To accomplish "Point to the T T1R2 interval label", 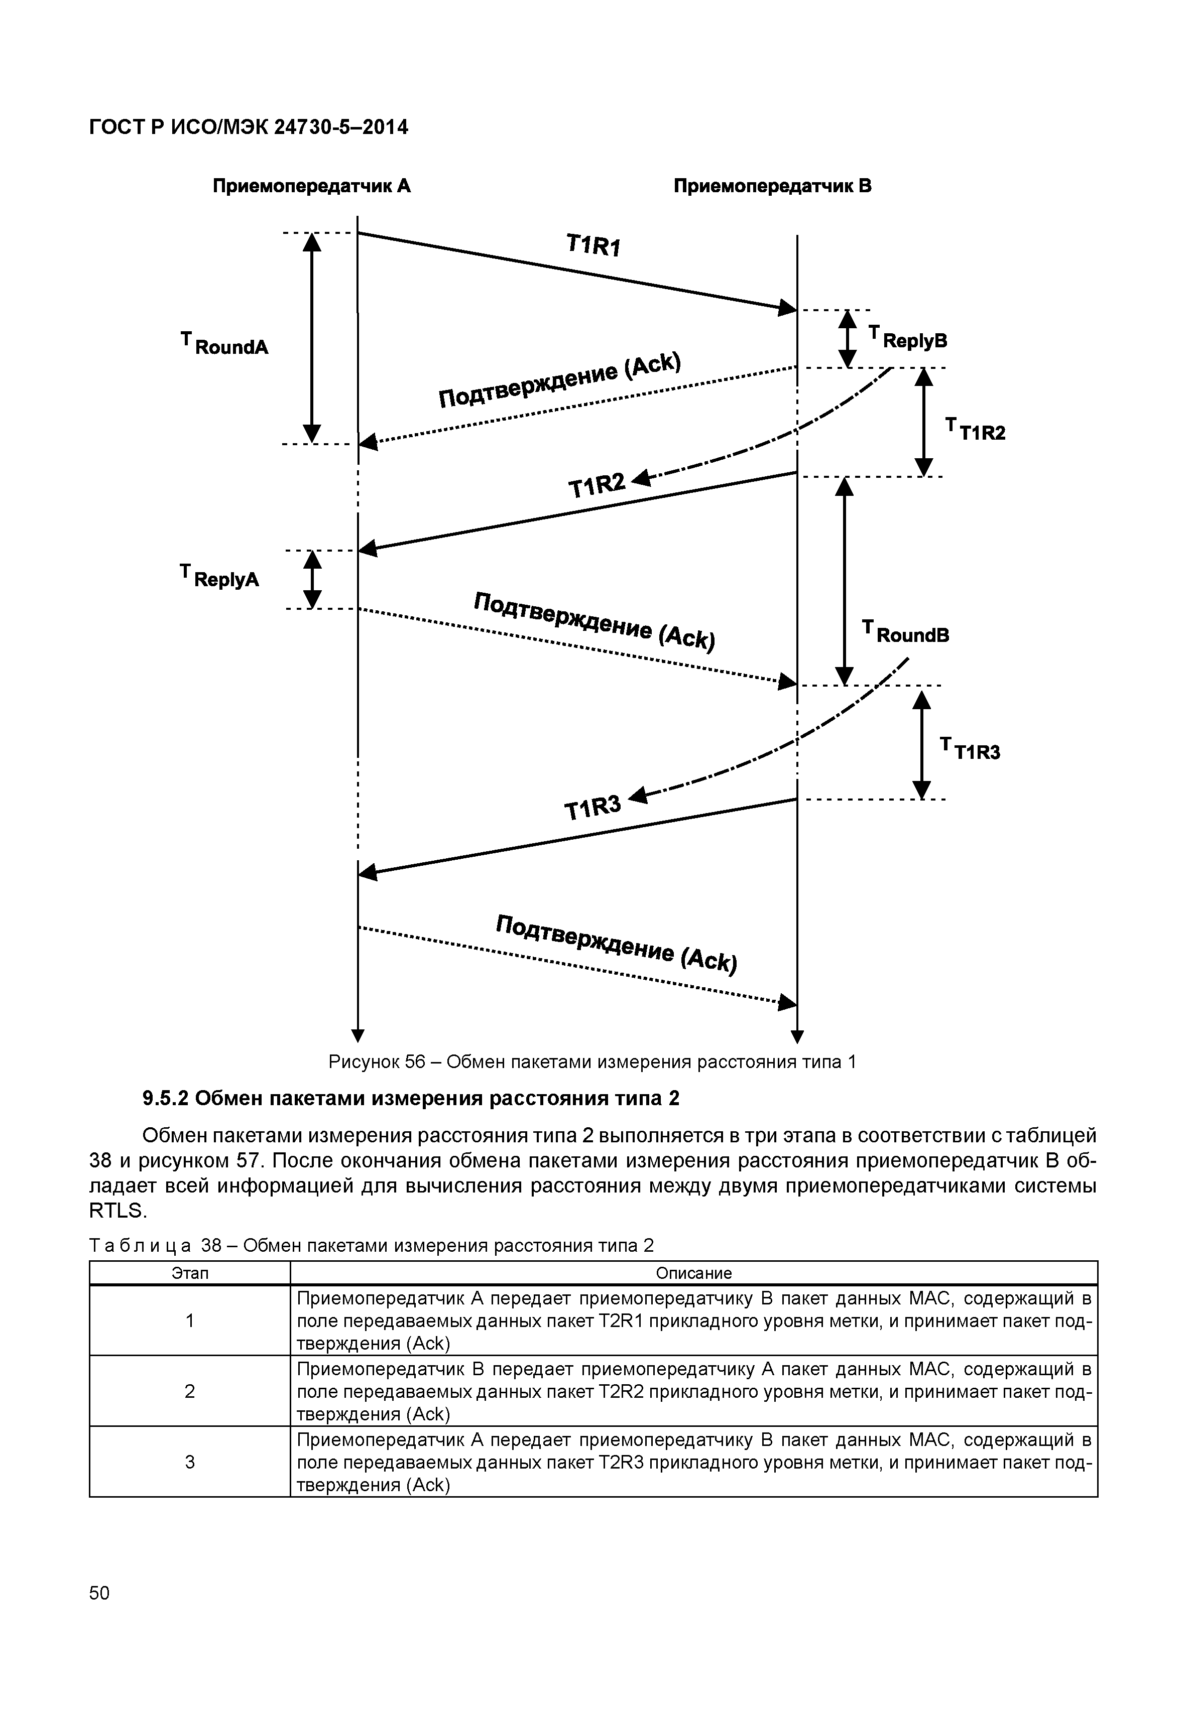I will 975,430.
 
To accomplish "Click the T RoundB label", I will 905,633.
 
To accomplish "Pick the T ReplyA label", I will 220,577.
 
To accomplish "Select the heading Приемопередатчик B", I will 772,186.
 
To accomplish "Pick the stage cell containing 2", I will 190,1391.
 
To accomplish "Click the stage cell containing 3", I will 190,1462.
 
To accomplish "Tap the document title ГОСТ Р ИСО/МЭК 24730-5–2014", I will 248,128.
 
